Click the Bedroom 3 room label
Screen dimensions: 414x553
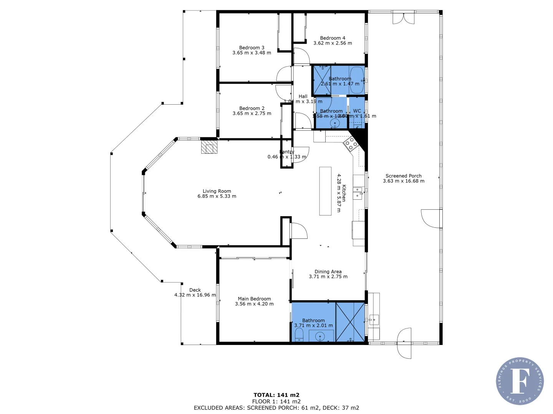(x=252, y=48)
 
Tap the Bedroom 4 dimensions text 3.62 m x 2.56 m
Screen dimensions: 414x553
(x=333, y=43)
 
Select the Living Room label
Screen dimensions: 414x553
(x=217, y=191)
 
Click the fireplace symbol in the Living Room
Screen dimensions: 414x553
(x=209, y=147)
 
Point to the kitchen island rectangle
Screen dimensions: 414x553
(x=325, y=191)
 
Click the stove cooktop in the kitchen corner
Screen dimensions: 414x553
(x=350, y=144)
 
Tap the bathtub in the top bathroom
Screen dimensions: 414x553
(x=356, y=80)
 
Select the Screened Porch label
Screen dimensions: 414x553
(x=404, y=176)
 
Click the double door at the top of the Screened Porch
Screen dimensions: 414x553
(x=404, y=18)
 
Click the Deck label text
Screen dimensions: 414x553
(x=195, y=290)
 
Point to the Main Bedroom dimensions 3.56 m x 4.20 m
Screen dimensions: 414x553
(x=254, y=304)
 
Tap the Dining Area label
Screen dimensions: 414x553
(x=328, y=271)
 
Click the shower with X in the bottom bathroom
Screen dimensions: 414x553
(x=350, y=322)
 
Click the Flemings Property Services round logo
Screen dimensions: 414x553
(x=520, y=381)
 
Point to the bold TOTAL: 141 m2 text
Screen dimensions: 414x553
(x=276, y=395)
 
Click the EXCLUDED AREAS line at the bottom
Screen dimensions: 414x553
(x=276, y=408)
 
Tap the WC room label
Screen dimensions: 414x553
(x=357, y=111)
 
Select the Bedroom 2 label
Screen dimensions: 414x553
(x=252, y=108)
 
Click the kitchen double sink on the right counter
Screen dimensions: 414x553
(x=358, y=193)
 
